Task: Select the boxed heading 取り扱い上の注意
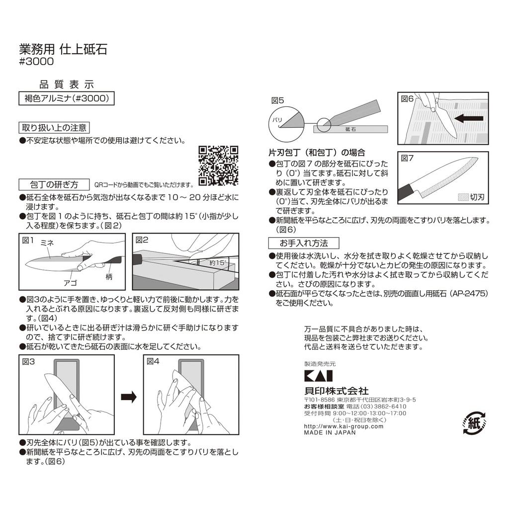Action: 54,127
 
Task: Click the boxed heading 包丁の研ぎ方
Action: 55,184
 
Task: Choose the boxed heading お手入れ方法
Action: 304,243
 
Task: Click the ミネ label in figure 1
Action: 47,242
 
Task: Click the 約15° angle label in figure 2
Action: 218,262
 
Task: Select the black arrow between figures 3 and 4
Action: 129,396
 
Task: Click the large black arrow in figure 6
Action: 469,119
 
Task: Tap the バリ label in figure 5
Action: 276,120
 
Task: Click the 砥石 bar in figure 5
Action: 351,128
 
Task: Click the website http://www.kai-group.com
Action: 343,426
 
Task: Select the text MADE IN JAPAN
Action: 330,432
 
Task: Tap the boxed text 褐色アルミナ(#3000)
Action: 66,98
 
